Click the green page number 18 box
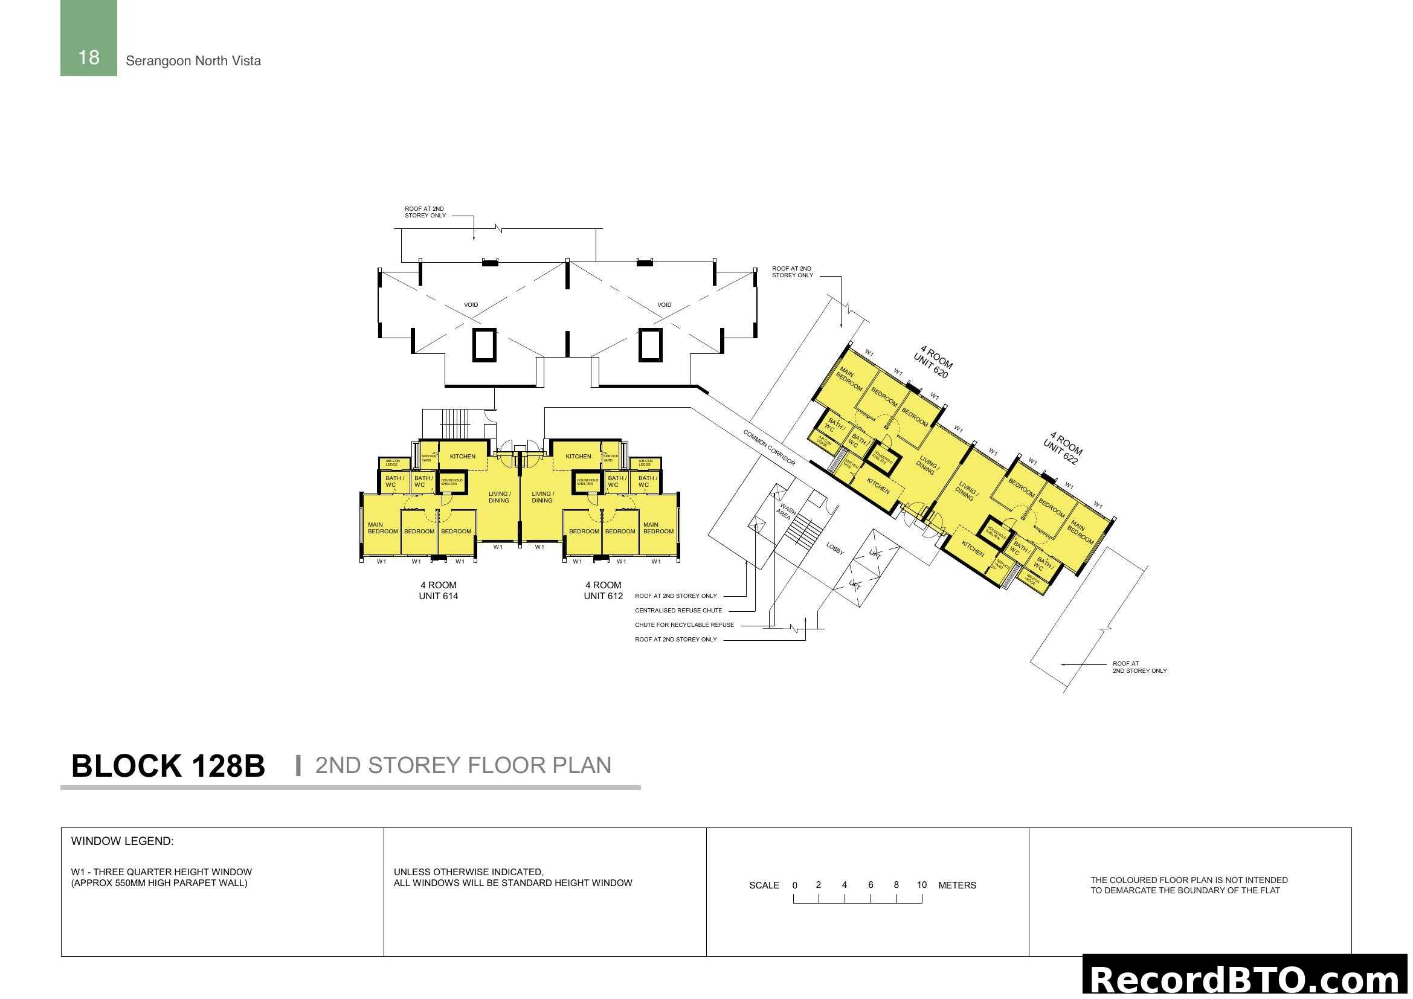(89, 38)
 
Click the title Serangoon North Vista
(193, 61)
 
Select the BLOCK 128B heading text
(168, 766)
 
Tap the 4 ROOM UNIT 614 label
(438, 591)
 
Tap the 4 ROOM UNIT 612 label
(603, 591)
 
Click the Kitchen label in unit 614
(462, 457)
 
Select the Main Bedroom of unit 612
(658, 528)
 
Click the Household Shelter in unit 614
(451, 481)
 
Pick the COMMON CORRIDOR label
(769, 448)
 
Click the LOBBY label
(834, 548)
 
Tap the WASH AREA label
(785, 512)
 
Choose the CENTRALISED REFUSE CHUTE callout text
(678, 610)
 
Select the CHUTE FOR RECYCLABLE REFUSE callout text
(684, 625)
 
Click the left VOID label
(471, 305)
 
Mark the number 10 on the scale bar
(921, 885)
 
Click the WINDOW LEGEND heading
(123, 841)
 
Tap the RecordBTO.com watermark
(1246, 978)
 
